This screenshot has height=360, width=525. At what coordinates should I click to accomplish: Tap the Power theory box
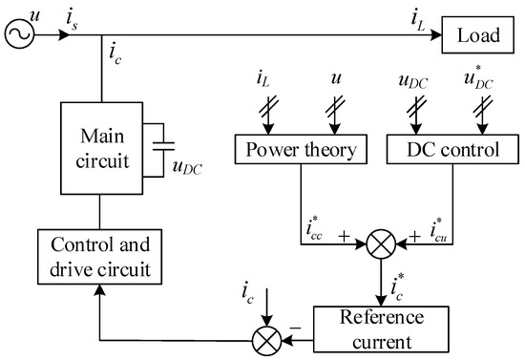tap(302, 150)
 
